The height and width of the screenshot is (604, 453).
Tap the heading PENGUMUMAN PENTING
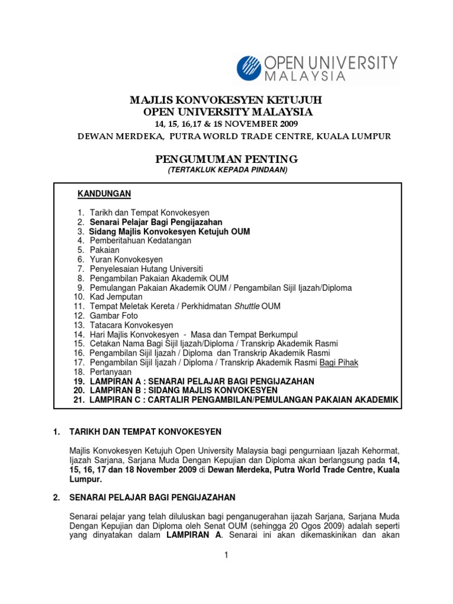pos(226,159)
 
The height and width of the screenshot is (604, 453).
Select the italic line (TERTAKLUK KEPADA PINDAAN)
pos(226,170)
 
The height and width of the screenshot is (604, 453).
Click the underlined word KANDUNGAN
pos(105,193)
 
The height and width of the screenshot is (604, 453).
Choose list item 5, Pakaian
pos(104,250)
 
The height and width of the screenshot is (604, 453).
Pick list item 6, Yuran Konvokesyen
pos(126,259)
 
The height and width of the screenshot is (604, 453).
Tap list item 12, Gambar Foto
pos(114,316)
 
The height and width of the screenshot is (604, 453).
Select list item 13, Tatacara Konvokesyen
pos(132,325)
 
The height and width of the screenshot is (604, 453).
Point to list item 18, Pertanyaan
pos(111,372)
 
